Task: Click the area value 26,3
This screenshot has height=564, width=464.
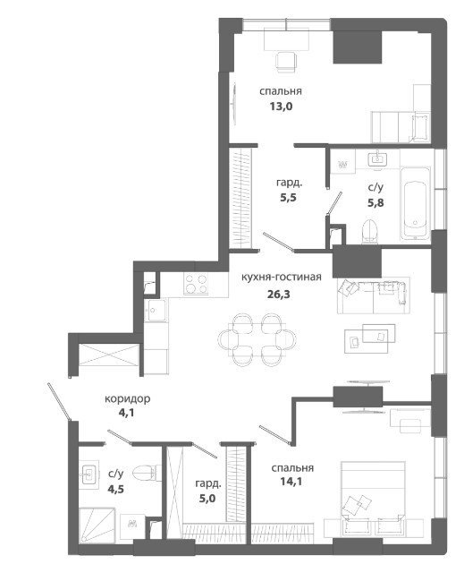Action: click(278, 295)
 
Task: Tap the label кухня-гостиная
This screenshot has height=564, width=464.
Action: click(282, 278)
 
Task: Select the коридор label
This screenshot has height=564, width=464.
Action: click(128, 398)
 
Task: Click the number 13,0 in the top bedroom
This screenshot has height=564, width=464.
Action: click(282, 107)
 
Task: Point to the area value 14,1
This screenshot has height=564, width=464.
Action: click(291, 482)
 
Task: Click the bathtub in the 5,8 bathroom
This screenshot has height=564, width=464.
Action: click(415, 203)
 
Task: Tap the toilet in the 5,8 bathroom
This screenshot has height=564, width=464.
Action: click(370, 231)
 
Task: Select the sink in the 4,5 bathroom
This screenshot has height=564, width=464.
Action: click(89, 474)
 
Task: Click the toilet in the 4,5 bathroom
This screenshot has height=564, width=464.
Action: click(147, 473)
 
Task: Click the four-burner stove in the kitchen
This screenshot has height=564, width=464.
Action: click(196, 284)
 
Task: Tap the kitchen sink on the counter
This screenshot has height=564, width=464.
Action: click(155, 310)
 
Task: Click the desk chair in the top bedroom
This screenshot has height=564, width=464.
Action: click(287, 63)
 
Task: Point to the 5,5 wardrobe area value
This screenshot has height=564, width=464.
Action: click(289, 198)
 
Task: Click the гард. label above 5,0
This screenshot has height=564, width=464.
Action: click(208, 484)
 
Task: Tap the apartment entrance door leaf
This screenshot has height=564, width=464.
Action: click(58, 401)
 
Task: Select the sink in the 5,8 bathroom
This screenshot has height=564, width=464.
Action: click(377, 158)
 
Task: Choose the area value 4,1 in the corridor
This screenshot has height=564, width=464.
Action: click(126, 413)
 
